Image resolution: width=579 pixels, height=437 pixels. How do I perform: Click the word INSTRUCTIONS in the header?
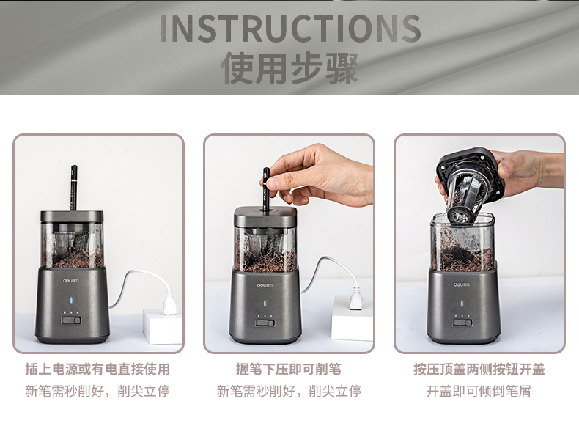point(290,29)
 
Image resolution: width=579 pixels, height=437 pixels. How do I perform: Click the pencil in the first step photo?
point(74,188)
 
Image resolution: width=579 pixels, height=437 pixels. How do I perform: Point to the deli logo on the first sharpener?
point(70,280)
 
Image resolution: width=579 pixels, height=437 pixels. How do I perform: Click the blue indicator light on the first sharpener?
point(71,301)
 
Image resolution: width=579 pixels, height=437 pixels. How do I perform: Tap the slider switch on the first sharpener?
point(71,320)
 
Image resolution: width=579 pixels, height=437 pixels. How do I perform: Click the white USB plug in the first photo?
point(169,303)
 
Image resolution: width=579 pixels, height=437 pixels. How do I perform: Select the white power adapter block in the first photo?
point(163,327)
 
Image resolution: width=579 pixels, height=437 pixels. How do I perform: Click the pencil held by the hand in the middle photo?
point(266,190)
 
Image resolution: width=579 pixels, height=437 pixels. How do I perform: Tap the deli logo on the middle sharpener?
point(266,285)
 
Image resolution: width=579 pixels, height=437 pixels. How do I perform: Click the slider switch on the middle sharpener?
point(265,323)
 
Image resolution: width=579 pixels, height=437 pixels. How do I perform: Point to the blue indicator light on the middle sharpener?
point(265,304)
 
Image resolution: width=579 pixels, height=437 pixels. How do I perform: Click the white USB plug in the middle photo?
point(356,298)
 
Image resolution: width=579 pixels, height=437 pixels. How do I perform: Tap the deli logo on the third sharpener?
point(462,284)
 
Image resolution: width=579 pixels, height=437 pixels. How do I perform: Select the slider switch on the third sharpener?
point(462,323)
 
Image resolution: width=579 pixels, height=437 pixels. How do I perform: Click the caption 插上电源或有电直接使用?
point(97,369)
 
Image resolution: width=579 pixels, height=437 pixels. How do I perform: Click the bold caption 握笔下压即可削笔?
point(289,369)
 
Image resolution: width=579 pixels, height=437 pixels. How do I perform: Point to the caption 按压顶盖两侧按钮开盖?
point(479,369)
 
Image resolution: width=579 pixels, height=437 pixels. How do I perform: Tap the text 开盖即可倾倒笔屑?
point(479,391)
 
